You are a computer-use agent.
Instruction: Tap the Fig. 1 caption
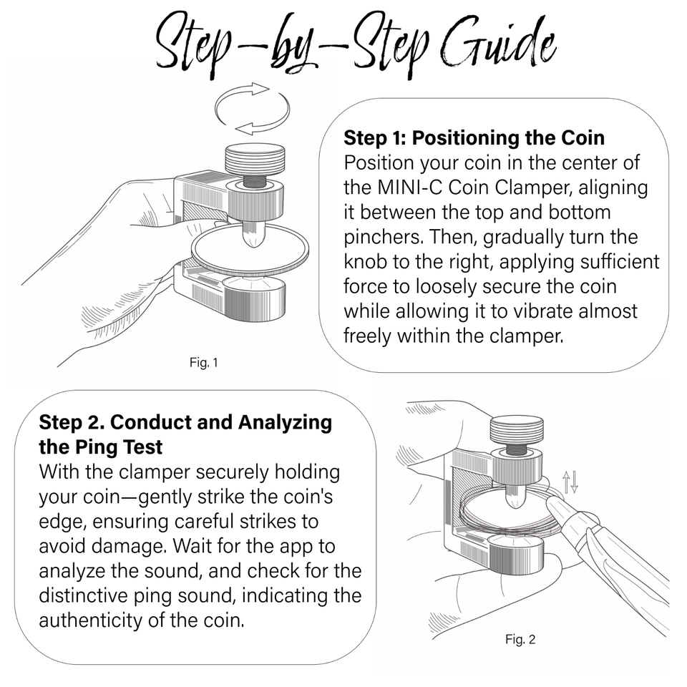click(204, 362)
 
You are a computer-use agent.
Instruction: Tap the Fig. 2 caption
click(520, 639)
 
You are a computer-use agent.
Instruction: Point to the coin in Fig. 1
click(250, 249)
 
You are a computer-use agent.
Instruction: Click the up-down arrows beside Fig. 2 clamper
click(570, 482)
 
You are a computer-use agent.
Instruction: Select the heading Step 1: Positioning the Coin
click(474, 137)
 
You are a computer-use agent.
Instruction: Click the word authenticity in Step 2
click(91, 620)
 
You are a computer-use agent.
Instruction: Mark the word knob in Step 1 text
click(366, 262)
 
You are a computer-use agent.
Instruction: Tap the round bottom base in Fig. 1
click(253, 298)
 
